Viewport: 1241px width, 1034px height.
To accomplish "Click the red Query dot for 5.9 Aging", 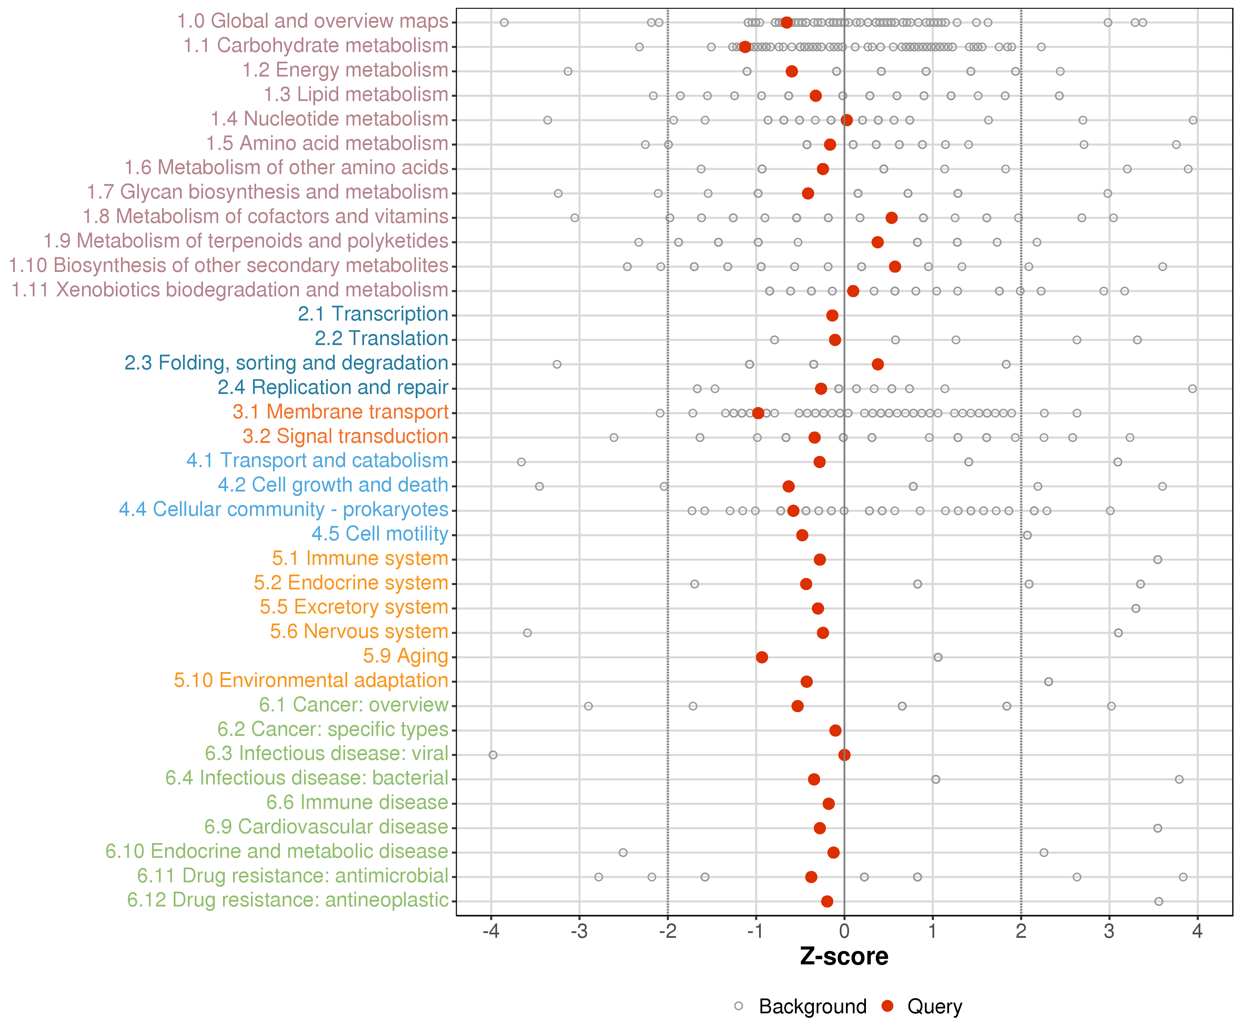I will click(762, 657).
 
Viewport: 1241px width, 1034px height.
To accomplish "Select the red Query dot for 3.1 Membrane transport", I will click(758, 413).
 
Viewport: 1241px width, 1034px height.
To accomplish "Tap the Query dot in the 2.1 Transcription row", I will click(832, 315).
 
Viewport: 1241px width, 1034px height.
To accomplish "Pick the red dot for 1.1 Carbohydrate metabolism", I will click(745, 47).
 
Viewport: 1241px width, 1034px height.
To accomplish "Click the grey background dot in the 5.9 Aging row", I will click(938, 657).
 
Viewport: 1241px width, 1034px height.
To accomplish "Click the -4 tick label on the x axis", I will click(491, 932).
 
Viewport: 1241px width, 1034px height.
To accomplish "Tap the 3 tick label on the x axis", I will click(1109, 932).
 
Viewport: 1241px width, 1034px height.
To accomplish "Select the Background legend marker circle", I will click(739, 1006).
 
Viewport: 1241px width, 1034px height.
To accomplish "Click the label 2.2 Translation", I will click(381, 338).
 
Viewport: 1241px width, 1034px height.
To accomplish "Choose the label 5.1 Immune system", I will click(360, 558).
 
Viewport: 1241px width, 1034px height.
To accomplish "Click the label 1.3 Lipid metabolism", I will click(356, 94).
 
